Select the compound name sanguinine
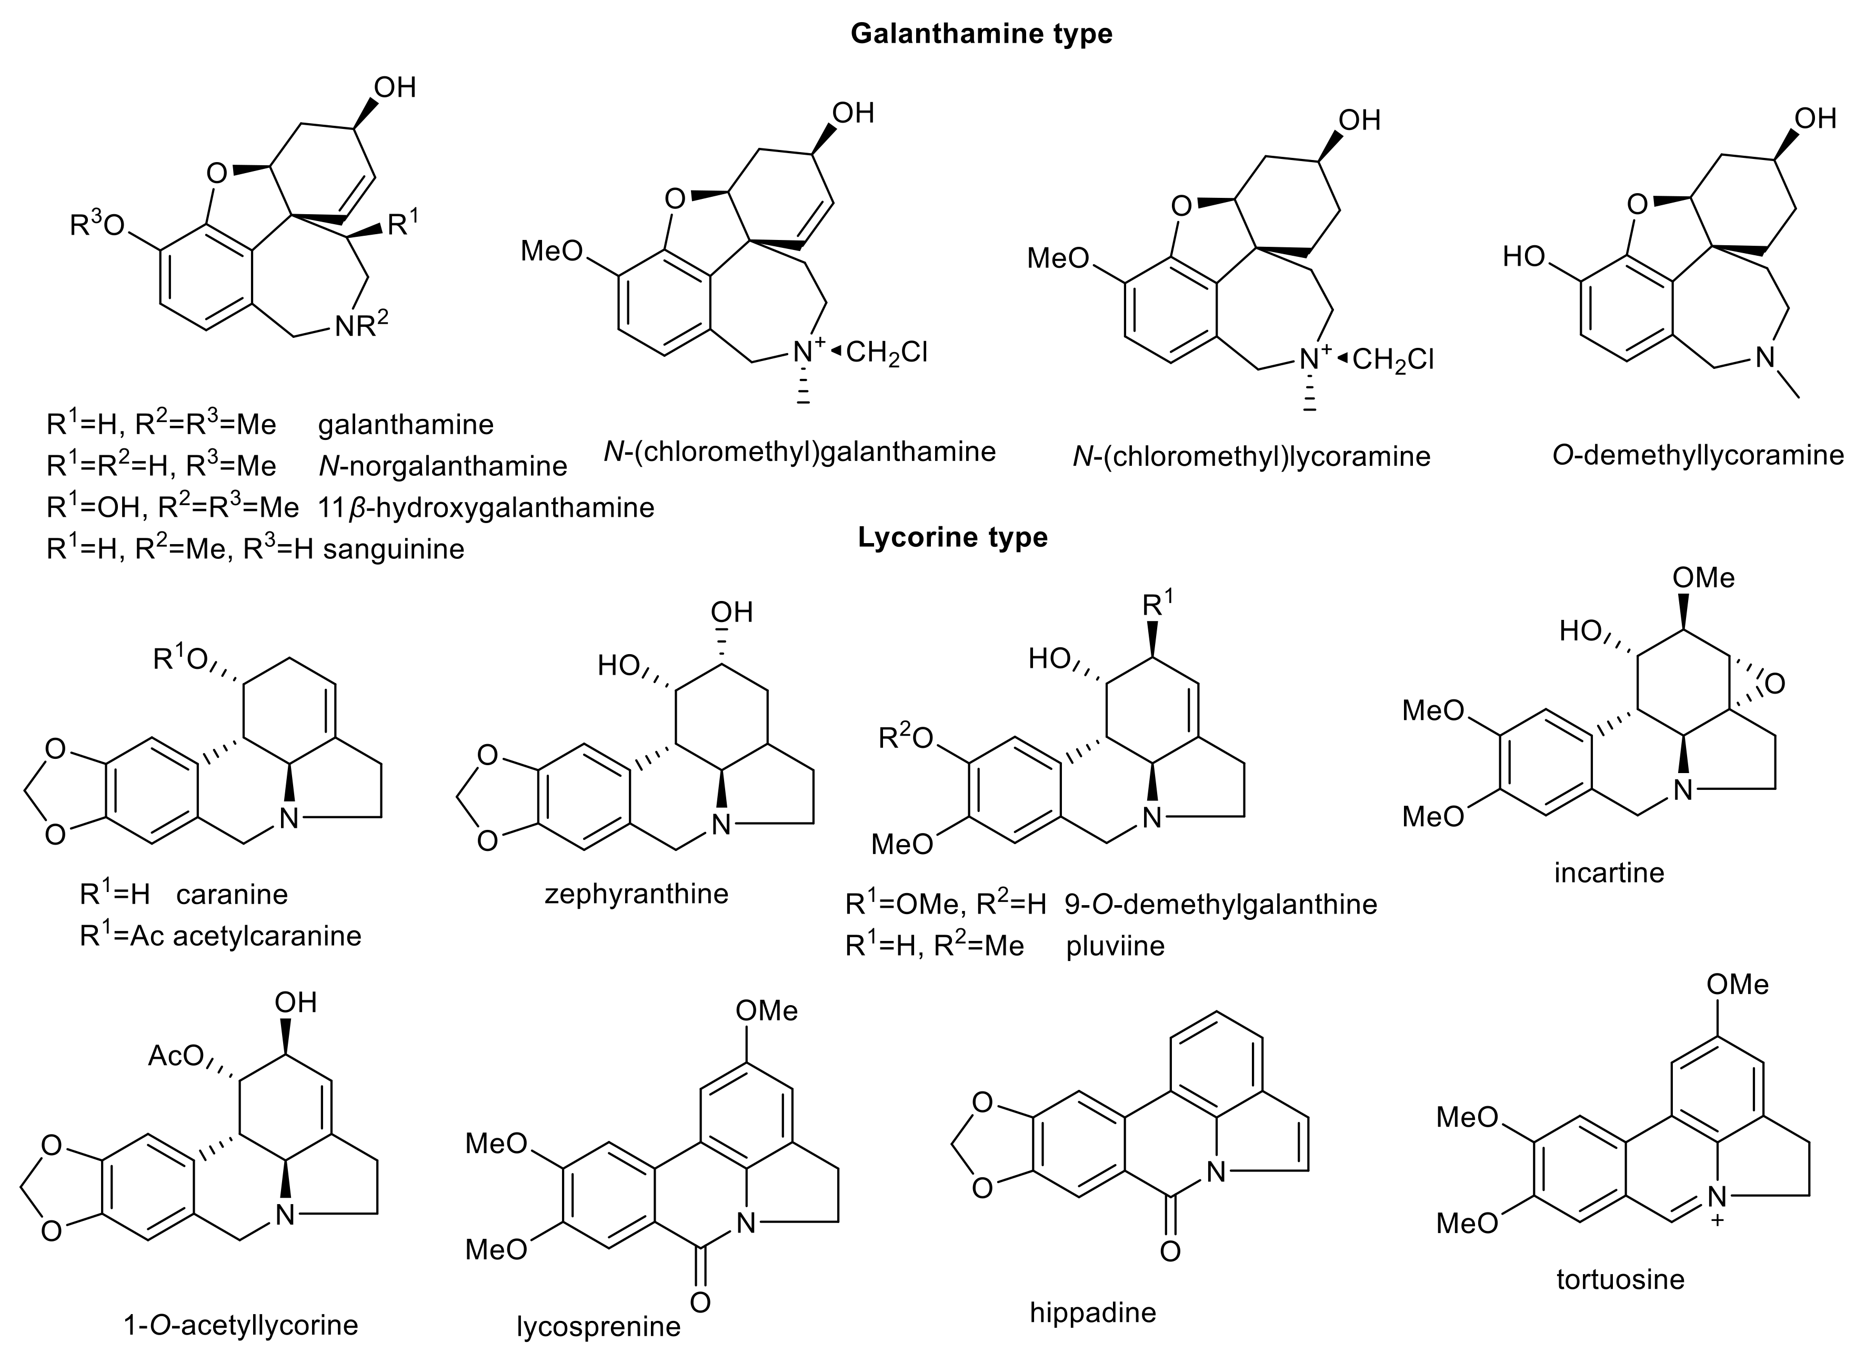click(x=394, y=549)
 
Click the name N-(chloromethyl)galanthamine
click(x=800, y=452)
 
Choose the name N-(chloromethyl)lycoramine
click(x=1251, y=457)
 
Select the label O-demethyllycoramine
click(x=1698, y=455)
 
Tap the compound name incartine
click(x=1609, y=873)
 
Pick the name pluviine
click(x=1115, y=945)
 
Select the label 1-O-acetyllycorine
click(x=240, y=1325)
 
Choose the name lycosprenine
click(x=598, y=1327)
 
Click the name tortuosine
click(x=1620, y=1279)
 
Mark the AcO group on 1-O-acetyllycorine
click(x=175, y=1056)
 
